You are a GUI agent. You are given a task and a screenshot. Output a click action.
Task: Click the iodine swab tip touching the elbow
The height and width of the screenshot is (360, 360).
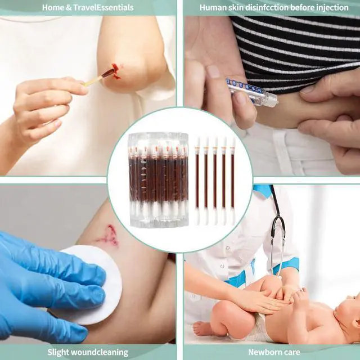[109, 73]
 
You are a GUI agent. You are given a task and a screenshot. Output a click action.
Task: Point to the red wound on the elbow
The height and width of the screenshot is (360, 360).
[116, 70]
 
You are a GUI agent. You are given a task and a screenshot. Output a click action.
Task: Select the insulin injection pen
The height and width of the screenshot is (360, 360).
[251, 91]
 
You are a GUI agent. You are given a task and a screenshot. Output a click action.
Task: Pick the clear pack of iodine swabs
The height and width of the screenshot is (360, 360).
[159, 179]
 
